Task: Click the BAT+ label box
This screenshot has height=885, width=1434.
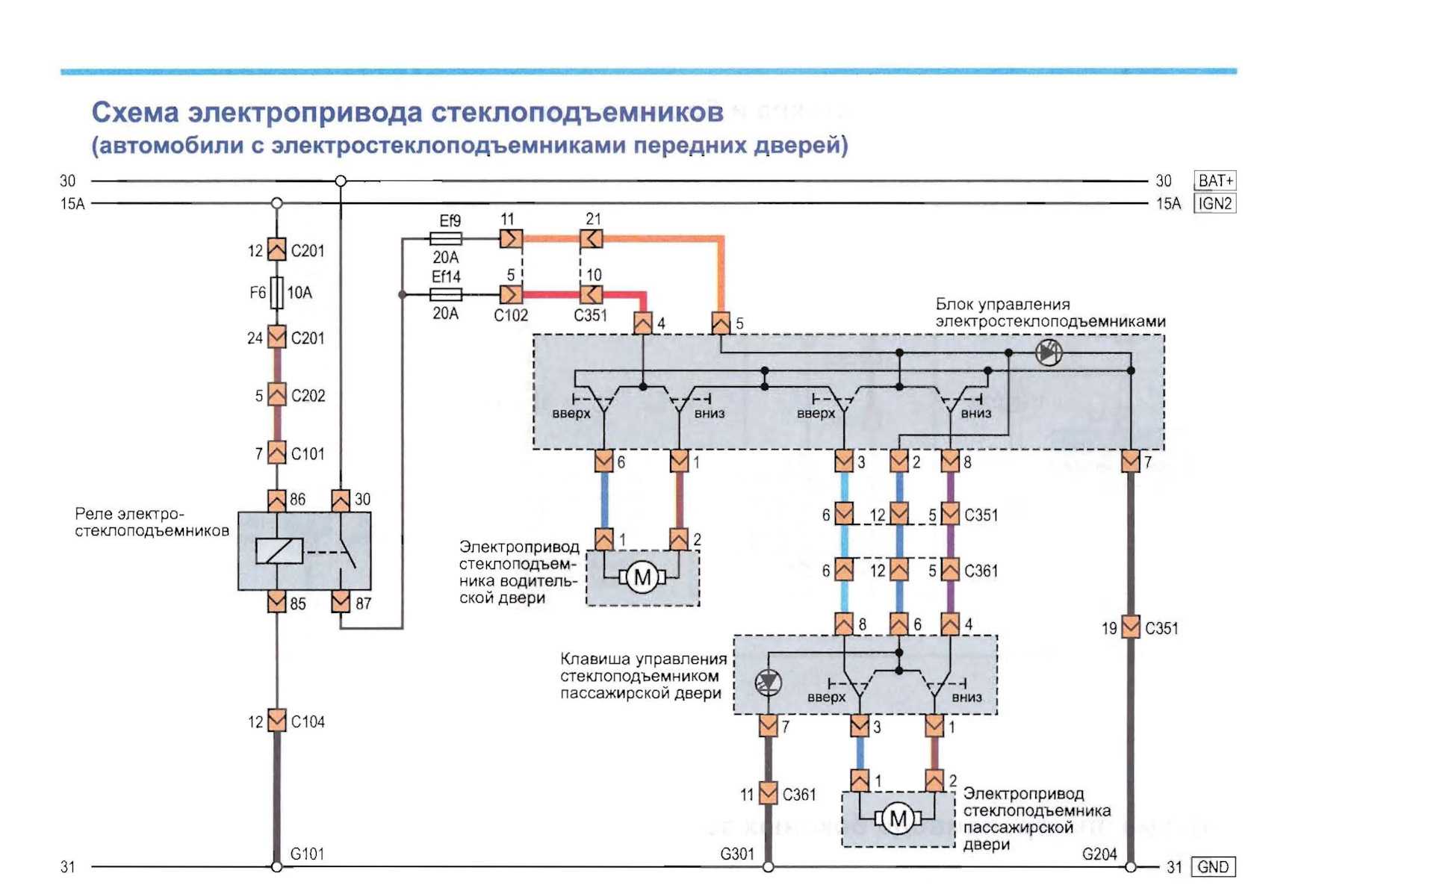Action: [1215, 181]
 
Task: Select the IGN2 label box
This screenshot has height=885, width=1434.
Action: [1215, 203]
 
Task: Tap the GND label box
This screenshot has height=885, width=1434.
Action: [1213, 867]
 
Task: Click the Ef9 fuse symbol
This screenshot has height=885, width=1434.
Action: [446, 239]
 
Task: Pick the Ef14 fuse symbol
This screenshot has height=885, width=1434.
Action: [446, 294]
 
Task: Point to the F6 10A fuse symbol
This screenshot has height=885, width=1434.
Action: [276, 293]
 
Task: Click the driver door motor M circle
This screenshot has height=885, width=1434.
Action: [642, 577]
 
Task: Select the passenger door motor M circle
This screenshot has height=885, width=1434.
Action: [898, 819]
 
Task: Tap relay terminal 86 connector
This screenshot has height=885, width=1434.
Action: [276, 500]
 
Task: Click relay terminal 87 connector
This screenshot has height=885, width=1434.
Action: [341, 601]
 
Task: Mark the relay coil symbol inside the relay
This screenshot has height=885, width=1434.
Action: [279, 551]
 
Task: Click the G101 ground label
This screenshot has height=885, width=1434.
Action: [307, 854]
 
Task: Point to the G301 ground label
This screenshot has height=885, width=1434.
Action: [737, 854]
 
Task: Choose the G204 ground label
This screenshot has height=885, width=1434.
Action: [1099, 854]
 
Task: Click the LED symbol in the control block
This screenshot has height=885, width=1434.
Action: [1049, 352]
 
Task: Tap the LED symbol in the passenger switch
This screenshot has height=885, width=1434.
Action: [769, 682]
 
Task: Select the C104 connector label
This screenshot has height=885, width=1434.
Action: [308, 721]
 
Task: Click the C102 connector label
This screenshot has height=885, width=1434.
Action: [511, 315]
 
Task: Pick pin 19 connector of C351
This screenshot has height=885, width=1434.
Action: [1131, 627]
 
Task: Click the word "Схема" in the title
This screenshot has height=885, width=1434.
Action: [135, 113]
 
